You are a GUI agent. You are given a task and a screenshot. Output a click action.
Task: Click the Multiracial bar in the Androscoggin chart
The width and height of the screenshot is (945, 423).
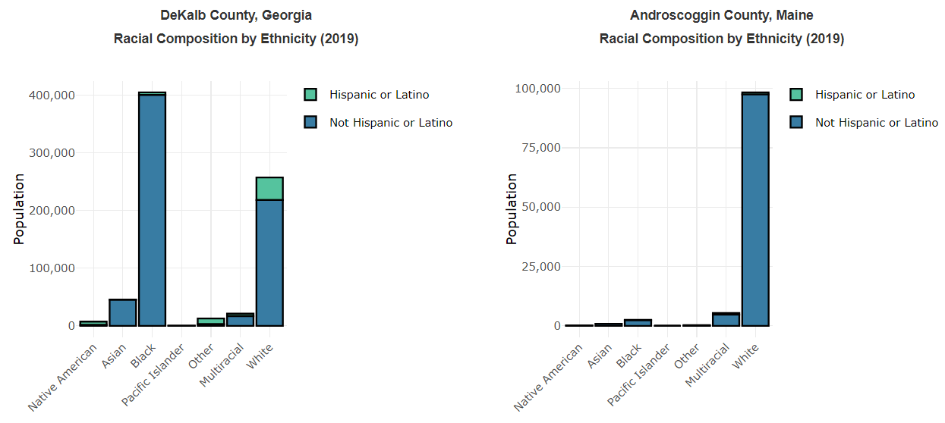point(726,320)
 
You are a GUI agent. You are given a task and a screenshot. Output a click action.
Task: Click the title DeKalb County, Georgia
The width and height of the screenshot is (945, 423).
point(236,15)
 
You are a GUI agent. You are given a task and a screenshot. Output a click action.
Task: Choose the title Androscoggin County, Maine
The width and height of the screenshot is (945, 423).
point(722,15)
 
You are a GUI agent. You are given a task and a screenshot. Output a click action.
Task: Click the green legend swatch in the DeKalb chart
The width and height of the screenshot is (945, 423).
point(310,95)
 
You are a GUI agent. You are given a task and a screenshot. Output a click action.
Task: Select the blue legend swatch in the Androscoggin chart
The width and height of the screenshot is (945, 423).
point(796,122)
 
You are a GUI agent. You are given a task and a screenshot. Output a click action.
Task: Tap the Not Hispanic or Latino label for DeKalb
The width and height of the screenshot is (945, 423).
point(391,122)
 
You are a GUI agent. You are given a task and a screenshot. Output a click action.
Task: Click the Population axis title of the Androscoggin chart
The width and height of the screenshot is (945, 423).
point(512,209)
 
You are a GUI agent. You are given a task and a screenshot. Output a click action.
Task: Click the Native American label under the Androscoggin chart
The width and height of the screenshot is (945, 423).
point(549,377)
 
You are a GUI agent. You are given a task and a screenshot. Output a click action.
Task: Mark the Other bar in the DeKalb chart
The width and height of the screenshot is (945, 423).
point(210,321)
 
